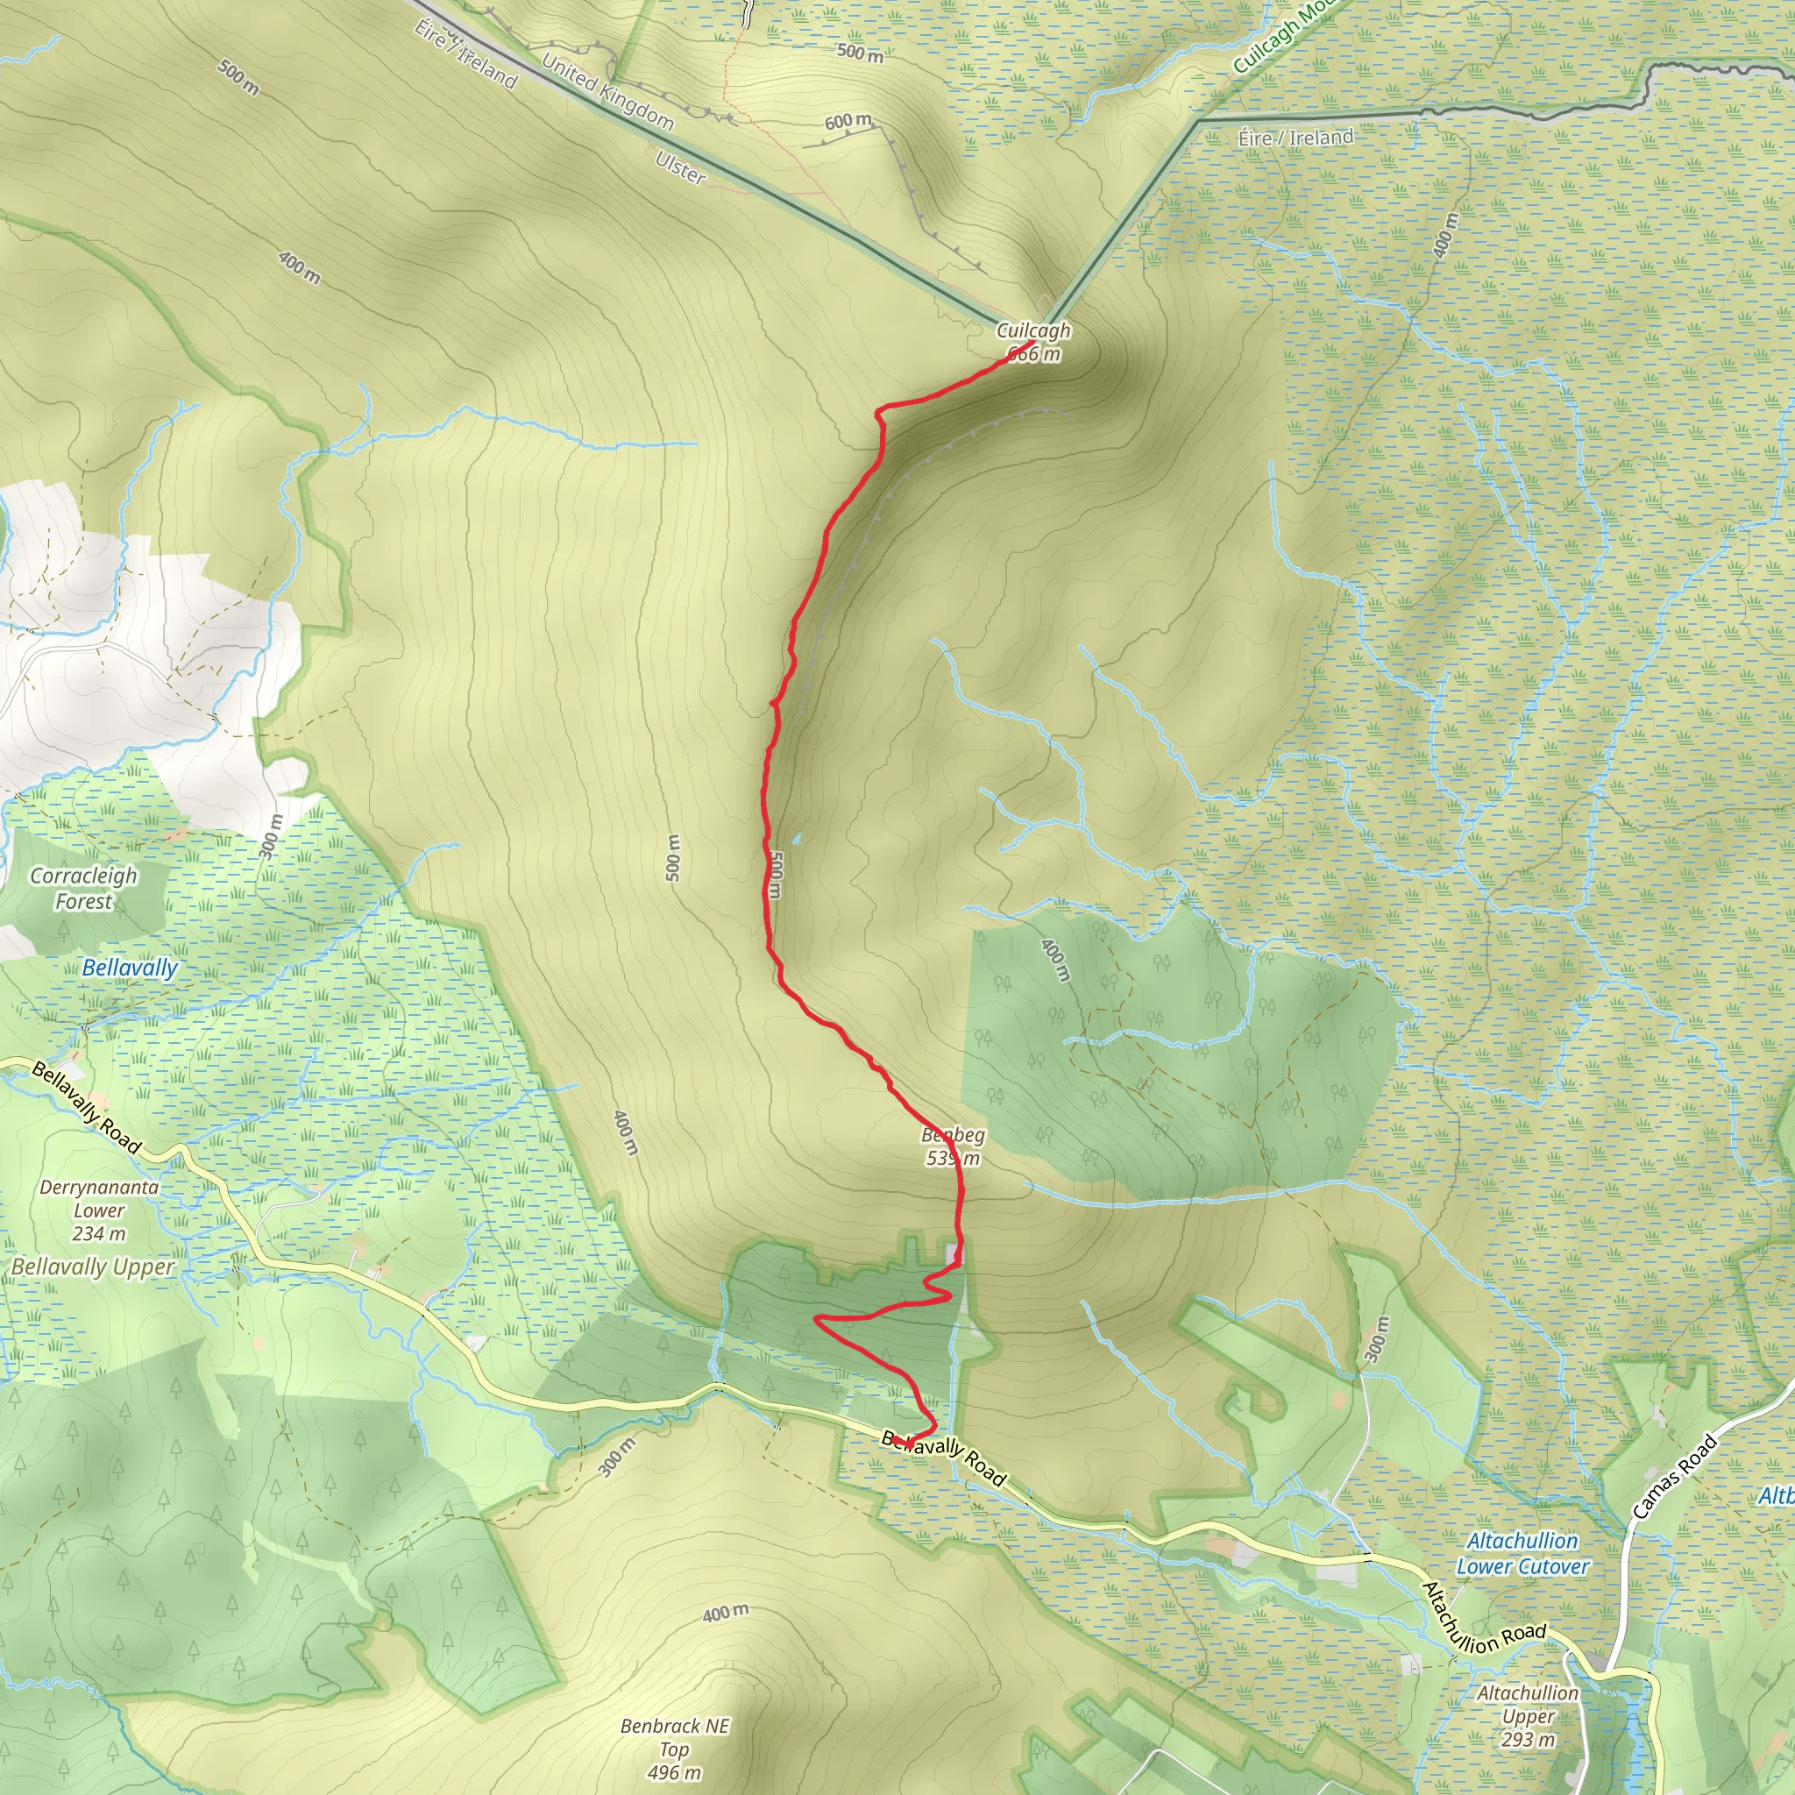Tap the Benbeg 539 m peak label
[x=954, y=1146]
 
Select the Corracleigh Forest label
[x=83, y=888]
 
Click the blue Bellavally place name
[x=130, y=968]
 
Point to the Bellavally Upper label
[x=93, y=1267]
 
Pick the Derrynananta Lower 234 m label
[x=99, y=1210]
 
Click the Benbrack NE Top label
[x=675, y=1749]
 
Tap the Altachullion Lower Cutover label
[x=1522, y=1553]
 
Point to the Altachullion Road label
[x=1483, y=1620]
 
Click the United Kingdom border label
[x=607, y=91]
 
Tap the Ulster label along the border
[x=680, y=168]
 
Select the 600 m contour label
[x=848, y=122]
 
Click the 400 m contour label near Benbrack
[x=726, y=1613]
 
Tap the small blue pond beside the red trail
[x=795, y=839]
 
